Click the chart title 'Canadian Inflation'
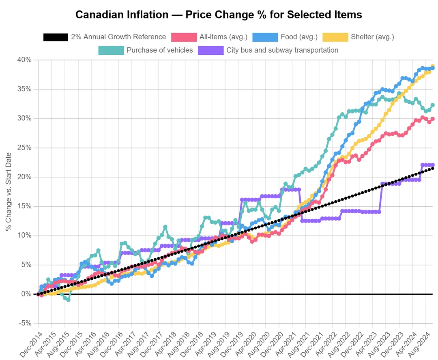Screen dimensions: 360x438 (x=219, y=15)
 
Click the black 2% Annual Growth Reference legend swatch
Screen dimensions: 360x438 (x=56, y=37)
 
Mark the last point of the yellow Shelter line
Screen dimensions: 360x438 (x=432, y=66)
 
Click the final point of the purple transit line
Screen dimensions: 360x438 (x=432, y=165)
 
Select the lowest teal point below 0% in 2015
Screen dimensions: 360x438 (x=68, y=300)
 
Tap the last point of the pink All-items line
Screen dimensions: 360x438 (x=432, y=119)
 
